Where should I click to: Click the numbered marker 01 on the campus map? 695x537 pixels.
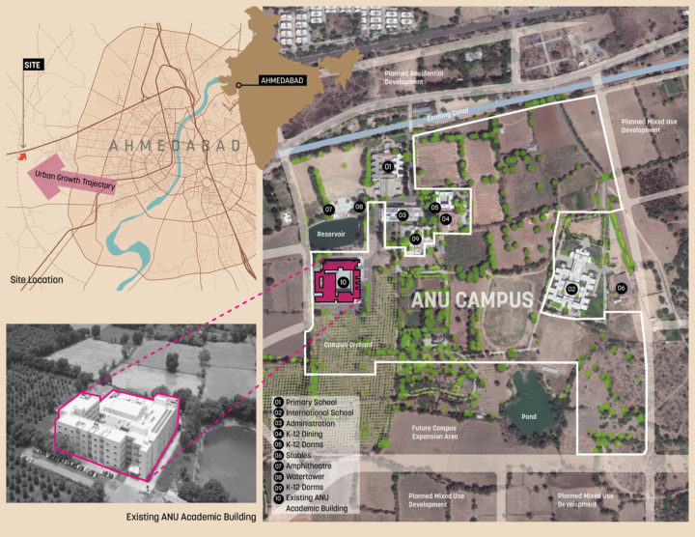388,167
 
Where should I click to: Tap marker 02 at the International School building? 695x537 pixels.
571,289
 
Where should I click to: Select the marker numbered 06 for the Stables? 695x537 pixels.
621,288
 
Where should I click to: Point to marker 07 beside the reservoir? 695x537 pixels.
328,210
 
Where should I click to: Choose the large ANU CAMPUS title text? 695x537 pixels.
472,299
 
